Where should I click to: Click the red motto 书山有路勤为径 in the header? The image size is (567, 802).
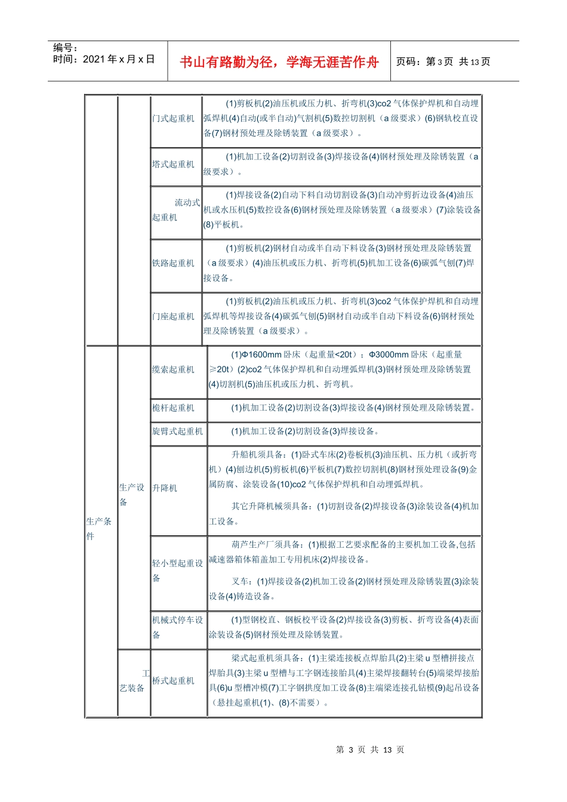[x=279, y=62]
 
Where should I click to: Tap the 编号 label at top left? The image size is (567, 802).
[x=66, y=48]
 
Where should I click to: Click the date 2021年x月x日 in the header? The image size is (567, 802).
[x=104, y=59]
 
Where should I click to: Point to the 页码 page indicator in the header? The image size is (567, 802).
[x=443, y=61]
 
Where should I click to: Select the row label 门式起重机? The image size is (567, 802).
[x=173, y=119]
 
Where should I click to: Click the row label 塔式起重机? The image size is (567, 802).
[x=173, y=164]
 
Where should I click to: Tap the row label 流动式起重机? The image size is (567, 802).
[x=175, y=210]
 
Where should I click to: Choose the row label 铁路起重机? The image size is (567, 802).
[x=173, y=263]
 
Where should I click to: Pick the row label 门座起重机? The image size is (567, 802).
[x=173, y=316]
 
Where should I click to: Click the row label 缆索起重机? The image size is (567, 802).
[x=173, y=370]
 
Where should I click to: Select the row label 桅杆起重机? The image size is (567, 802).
[x=173, y=408]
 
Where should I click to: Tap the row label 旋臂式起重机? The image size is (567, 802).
[x=177, y=431]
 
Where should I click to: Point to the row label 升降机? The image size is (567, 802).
[x=165, y=488]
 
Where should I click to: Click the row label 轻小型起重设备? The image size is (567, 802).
[x=177, y=570]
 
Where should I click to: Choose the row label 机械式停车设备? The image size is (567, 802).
[x=177, y=627]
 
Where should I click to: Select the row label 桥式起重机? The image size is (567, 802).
[x=173, y=681]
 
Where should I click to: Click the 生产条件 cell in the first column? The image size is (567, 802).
[x=98, y=529]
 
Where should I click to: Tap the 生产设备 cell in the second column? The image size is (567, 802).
[x=131, y=495]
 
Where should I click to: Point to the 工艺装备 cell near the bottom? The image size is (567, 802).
[x=132, y=681]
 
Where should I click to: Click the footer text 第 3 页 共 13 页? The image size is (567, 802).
[x=370, y=750]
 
